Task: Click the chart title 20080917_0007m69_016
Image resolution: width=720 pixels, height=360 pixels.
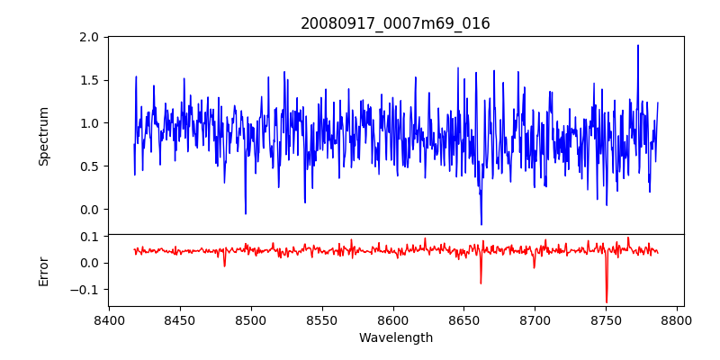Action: pos(395,23)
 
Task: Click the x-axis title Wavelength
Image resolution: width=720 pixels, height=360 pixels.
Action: pos(395,337)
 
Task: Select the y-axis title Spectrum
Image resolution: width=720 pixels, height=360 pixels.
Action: pos(43,136)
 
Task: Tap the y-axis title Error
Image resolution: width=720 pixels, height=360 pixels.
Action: pos(43,271)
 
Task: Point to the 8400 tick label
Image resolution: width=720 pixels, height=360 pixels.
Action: pos(109,319)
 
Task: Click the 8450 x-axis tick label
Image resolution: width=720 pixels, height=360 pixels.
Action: pos(180,319)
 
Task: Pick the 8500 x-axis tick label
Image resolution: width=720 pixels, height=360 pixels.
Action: pos(251,319)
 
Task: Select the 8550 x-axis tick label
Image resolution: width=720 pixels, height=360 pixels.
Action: pos(322,319)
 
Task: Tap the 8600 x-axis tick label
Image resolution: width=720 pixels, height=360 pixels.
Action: pos(393,319)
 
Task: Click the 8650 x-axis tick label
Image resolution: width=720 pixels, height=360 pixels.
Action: pos(464,319)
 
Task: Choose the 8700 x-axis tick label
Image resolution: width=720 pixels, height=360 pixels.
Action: pos(535,319)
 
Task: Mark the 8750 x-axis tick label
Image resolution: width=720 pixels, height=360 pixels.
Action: pos(607,319)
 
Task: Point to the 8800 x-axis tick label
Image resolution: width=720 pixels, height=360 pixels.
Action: pos(678,319)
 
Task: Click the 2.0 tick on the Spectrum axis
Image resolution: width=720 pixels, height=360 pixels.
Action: pos(88,37)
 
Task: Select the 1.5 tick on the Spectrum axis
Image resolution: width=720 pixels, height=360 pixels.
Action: pos(88,80)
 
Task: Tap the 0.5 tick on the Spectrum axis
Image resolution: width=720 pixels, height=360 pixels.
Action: pos(88,166)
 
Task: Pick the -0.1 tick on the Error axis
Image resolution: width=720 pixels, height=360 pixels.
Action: pos(85,290)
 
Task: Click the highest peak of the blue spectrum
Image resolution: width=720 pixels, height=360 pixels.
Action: pos(638,45)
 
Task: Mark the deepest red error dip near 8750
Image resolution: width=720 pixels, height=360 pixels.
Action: pos(607,302)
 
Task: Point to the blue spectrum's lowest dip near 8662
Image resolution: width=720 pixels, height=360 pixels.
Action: pos(481,224)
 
